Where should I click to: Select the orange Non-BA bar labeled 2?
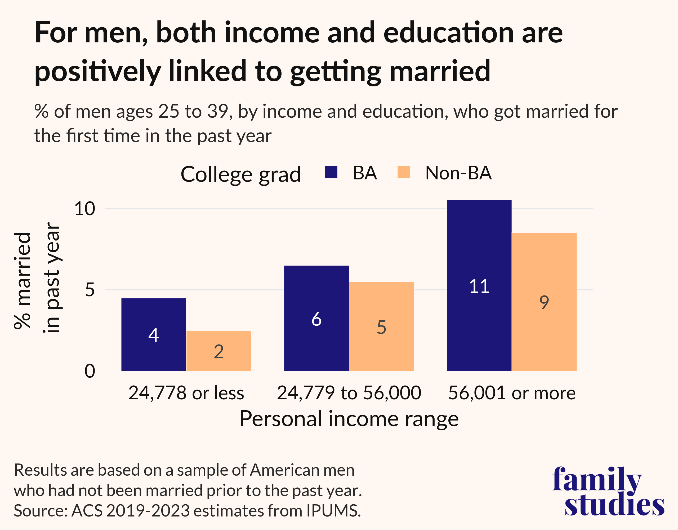[218, 351]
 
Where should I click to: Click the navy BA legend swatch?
[331, 173]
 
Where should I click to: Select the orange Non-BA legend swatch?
[403, 173]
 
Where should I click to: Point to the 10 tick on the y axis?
[84, 209]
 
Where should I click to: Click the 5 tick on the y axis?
[90, 290]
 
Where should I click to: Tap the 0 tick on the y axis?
[90, 371]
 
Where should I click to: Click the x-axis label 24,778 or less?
[186, 393]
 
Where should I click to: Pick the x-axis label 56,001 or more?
[512, 393]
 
